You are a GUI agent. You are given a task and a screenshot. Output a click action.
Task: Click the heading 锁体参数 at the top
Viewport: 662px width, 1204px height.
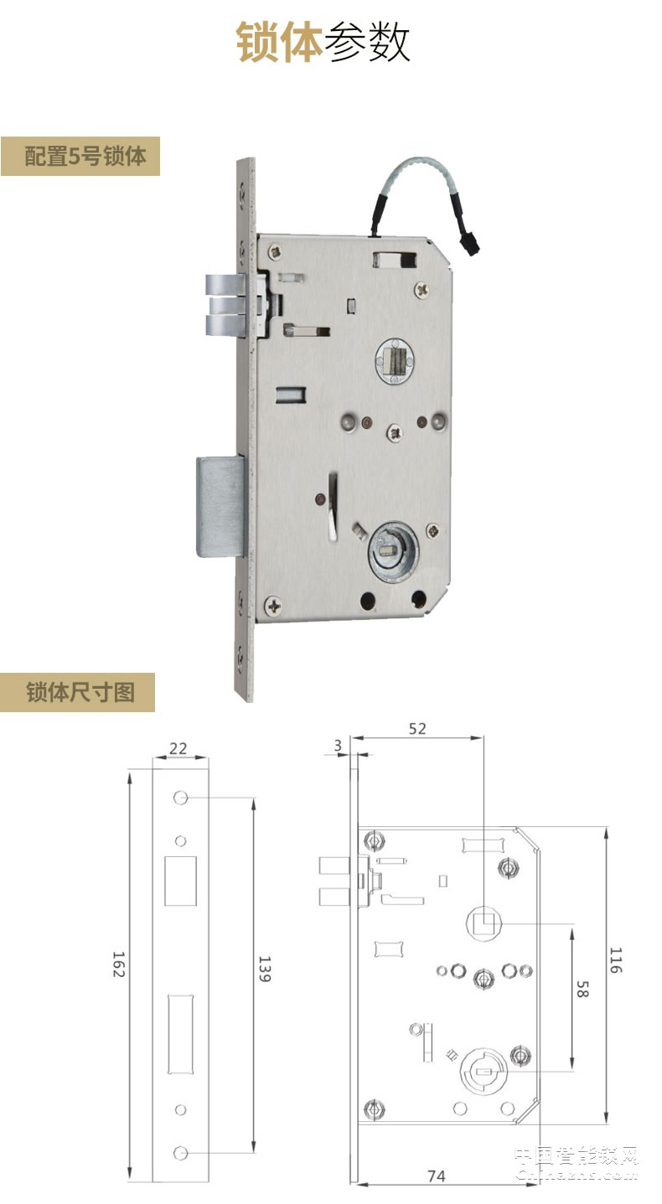click(x=323, y=42)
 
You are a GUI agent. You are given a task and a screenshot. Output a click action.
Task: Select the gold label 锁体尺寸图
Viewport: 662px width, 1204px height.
click(x=79, y=692)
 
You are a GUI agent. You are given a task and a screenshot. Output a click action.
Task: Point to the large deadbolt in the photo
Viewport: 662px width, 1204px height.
click(x=220, y=505)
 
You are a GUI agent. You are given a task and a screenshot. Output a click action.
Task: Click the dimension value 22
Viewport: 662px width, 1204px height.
click(x=178, y=748)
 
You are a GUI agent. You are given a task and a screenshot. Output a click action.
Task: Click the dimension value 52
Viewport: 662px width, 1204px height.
click(x=416, y=728)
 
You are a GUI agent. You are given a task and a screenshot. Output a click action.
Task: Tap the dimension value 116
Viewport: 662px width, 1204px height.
click(x=617, y=959)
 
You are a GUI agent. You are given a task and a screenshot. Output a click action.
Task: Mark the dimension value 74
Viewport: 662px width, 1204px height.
click(x=436, y=1176)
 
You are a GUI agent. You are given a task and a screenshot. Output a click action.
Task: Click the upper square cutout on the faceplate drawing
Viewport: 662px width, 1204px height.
click(x=180, y=880)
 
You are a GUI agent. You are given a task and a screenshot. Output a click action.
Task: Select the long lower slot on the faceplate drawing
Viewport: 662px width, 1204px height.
click(x=180, y=1034)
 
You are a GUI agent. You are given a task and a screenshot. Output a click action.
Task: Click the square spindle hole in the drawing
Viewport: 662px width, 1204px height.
click(x=484, y=924)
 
